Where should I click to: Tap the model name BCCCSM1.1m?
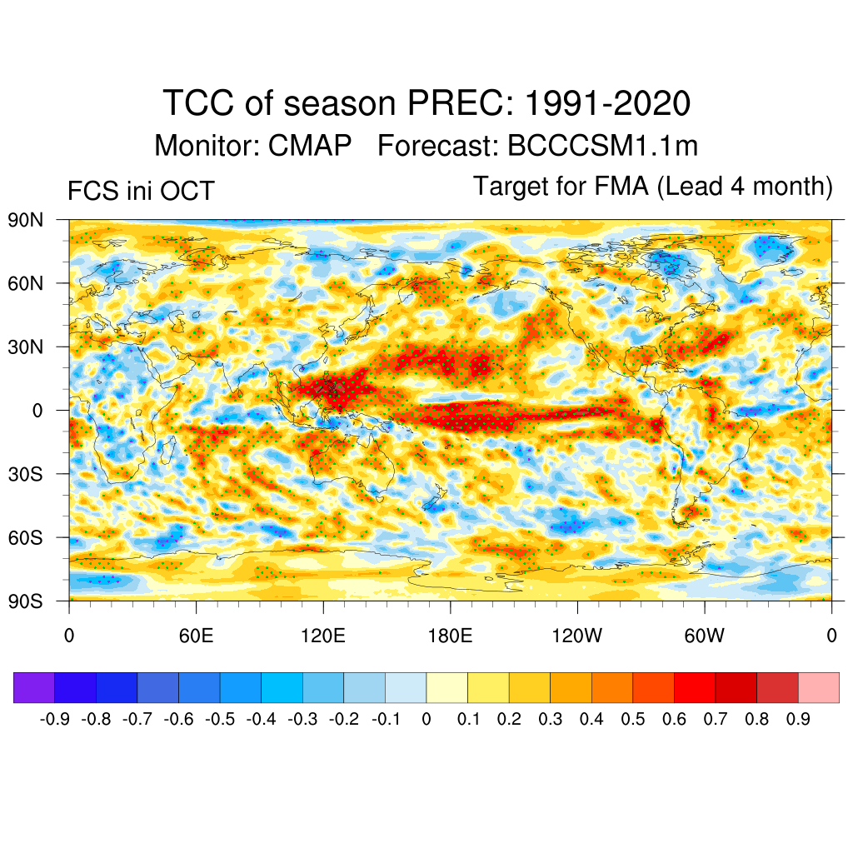(602, 147)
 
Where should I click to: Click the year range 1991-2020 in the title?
(609, 104)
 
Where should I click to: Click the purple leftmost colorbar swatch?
(34, 688)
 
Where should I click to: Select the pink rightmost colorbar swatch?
(819, 688)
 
